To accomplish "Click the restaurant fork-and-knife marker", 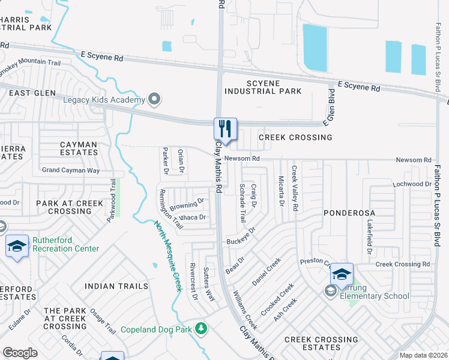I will [226, 128].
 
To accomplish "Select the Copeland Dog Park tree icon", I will [202, 329].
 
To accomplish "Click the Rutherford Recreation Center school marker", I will [17, 246].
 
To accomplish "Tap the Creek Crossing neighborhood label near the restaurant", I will [295, 137].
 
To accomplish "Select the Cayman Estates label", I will [79, 148].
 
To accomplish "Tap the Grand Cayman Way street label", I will [71, 170].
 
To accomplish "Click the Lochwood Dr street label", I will [412, 184].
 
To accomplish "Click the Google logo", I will [20, 353].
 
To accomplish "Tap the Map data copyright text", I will [423, 355].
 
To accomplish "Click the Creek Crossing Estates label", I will [321, 343].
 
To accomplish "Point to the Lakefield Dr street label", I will [369, 232].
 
